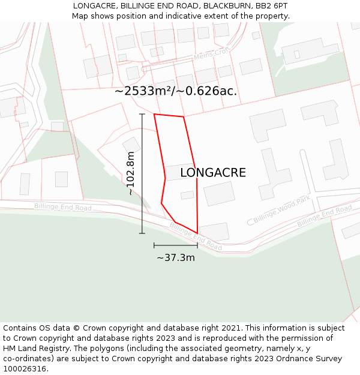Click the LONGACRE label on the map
213,173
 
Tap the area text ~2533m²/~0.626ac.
176,91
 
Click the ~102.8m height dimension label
131,173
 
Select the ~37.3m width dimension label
176,257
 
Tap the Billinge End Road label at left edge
62,207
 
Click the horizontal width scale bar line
176,245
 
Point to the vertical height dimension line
142,173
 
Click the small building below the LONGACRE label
187,195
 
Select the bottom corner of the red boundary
197,233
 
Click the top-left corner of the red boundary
154,114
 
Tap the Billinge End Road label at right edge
324,215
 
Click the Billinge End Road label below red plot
196,236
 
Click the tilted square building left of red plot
131,145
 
